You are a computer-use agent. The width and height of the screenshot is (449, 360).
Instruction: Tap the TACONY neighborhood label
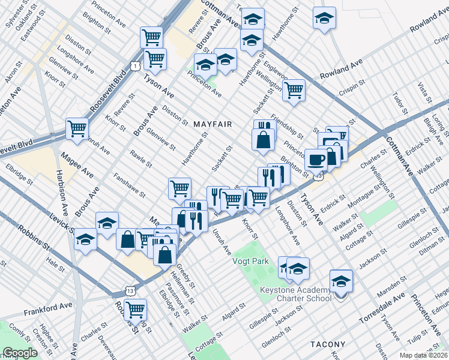pyautogui.click(x=328, y=344)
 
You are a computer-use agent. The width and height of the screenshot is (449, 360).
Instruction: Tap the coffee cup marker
pyautogui.click(x=316, y=160)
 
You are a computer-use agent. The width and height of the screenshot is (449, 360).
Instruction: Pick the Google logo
pyautogui.click(x=20, y=353)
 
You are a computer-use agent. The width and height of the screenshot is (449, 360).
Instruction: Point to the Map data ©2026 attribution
pyautogui.click(x=424, y=355)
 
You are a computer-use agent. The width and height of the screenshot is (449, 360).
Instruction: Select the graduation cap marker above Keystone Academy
pyautogui.click(x=341, y=280)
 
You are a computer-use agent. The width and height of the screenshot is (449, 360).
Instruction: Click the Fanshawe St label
pyautogui.click(x=130, y=185)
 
